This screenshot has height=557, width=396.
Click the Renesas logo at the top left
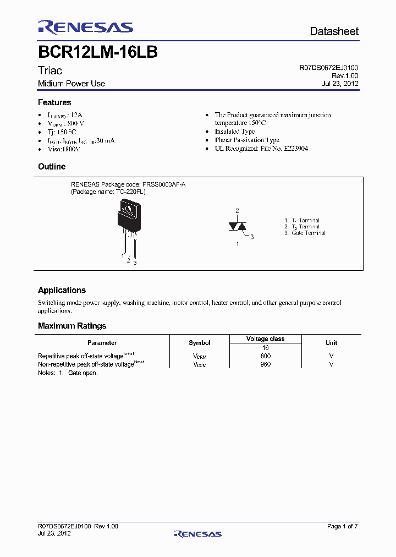85,27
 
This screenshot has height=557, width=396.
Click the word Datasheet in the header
334,31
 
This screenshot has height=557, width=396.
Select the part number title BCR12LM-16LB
98,52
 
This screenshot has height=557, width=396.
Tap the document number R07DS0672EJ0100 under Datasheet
329,68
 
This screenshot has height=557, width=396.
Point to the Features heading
54,102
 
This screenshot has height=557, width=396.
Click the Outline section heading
52,166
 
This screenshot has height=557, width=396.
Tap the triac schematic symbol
238,226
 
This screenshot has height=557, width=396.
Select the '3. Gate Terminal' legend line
305,233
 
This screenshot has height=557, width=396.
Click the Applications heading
62,290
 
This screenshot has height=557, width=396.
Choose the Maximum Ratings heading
72,326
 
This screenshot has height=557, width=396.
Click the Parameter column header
102,343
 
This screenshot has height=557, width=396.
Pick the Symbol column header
200,343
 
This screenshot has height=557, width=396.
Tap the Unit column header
331,343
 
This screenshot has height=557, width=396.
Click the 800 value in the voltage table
266,356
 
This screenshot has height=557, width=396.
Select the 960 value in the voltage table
266,364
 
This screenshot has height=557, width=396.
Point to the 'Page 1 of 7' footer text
342,527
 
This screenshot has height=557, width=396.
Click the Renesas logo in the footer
197,533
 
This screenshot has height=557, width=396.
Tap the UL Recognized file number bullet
261,149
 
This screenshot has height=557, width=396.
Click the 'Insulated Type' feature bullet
235,132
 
